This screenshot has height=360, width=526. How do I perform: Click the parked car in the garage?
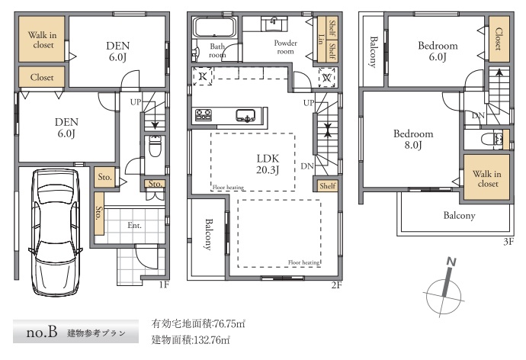point(56,232)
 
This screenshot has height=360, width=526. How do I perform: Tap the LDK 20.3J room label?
point(268,164)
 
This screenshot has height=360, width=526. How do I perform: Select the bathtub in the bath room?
point(215,27)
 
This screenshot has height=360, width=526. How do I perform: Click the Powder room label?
point(285,47)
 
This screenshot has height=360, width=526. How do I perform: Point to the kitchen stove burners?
point(204,114)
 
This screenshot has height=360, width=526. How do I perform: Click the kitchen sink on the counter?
point(245,116)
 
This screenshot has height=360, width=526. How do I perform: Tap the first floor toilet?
point(155,146)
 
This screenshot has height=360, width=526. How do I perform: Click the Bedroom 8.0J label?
point(413,140)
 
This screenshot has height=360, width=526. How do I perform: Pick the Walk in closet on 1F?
point(42,40)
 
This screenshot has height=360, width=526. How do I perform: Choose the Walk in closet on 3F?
point(487,178)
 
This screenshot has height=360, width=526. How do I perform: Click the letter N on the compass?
point(452,262)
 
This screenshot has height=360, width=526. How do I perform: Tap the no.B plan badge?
point(75,332)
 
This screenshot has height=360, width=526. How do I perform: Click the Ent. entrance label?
point(134,226)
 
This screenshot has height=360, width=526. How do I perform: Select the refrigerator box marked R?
point(203,76)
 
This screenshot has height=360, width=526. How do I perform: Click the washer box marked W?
point(327,77)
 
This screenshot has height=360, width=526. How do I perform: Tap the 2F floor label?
point(336,285)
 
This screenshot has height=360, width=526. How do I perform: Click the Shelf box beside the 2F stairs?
point(327,186)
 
